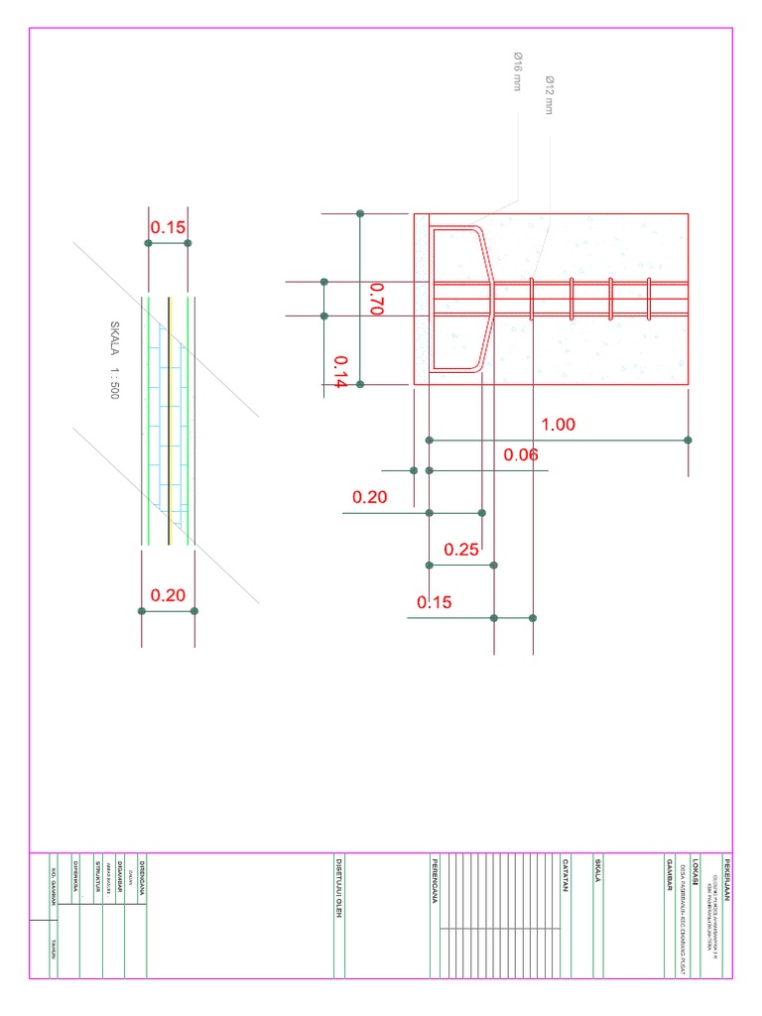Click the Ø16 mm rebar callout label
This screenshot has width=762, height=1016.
point(517,71)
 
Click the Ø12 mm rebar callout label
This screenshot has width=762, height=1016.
point(548,94)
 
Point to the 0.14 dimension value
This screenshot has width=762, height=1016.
point(340,372)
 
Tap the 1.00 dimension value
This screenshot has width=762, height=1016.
point(558,425)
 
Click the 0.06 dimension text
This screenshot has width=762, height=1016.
point(520,455)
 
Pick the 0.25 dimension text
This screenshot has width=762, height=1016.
point(461,550)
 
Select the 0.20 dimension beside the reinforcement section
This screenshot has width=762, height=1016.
point(370,497)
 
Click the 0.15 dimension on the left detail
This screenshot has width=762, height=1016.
point(168,228)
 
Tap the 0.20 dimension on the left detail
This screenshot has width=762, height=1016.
point(168,595)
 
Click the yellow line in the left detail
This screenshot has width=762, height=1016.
point(169,417)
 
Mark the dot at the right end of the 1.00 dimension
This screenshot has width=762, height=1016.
point(688,440)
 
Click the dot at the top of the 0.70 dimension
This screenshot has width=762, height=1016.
point(360,213)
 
